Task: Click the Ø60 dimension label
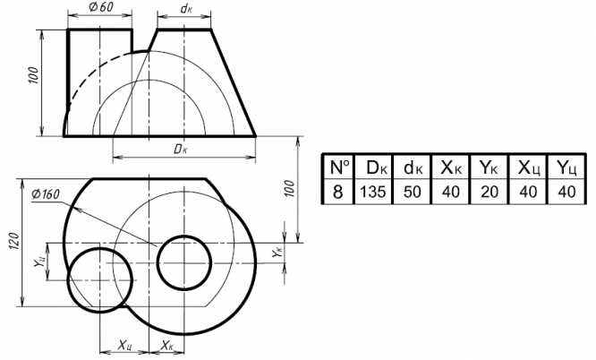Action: pos(101,7)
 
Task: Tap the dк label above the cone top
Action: pos(186,8)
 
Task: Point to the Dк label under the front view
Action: pos(181,150)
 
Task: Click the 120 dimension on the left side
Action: pos(13,241)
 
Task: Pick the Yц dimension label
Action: pos(39,261)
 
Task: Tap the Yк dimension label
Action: pos(277,253)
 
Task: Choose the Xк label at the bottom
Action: pos(166,345)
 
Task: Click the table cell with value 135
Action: pos(373,192)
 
